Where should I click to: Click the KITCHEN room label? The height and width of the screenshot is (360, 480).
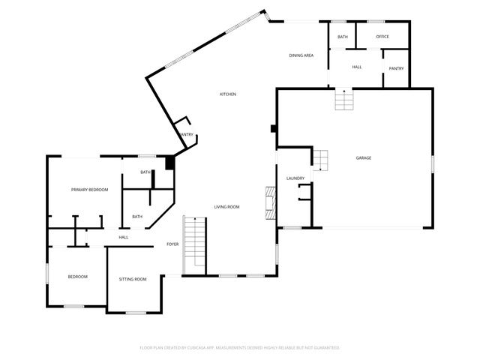tap(228, 94)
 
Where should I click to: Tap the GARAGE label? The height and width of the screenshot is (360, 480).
tap(364, 157)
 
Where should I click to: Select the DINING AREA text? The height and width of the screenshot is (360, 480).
tap(301, 56)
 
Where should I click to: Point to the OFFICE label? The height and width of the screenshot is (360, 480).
tap(382, 37)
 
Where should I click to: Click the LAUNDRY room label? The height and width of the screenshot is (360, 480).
tap(294, 178)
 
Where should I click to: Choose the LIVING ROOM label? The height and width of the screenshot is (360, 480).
tap(226, 206)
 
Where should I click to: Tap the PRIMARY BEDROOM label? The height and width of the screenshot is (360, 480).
tap(90, 190)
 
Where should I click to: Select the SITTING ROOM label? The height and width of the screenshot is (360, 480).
tap(133, 279)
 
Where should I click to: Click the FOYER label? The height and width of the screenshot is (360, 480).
tap(172, 244)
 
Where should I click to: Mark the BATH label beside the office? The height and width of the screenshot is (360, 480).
tap(342, 37)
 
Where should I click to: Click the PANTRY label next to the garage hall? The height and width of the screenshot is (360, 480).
tap(396, 68)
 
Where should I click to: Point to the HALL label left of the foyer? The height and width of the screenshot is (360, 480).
tap(123, 238)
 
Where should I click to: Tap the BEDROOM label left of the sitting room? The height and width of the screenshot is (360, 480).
tap(78, 277)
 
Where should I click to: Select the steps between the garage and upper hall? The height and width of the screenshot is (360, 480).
tap(344, 100)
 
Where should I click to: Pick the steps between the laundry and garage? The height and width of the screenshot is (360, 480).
tap(320, 160)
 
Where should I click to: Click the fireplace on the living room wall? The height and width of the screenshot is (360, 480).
tap(270, 202)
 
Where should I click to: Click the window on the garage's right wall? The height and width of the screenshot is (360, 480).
tap(433, 163)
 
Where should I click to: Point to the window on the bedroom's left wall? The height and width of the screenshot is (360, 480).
tap(48, 274)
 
